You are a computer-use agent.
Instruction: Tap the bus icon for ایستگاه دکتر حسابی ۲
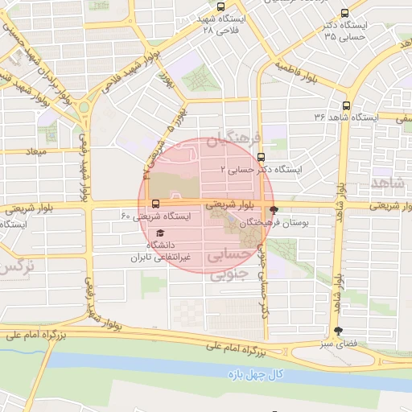[261, 158]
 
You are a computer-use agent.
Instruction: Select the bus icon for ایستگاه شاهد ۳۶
[347, 105]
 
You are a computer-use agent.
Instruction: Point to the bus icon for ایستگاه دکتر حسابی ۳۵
[345, 13]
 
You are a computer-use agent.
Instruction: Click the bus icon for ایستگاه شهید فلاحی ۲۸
[221, 7]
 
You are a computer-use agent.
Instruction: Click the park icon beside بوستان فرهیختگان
[274, 208]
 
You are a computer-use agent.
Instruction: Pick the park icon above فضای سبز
[338, 331]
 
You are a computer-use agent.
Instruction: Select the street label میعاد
[37, 151]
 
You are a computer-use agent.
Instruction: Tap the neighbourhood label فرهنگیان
[226, 142]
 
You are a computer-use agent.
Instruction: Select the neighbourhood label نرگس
[18, 265]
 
